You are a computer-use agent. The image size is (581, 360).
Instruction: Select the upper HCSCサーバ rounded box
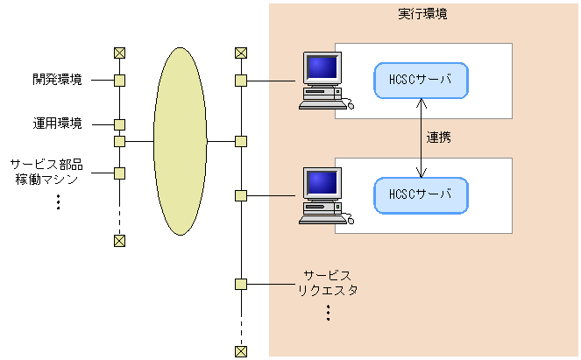421,80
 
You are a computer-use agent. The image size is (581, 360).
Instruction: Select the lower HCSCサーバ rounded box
421,194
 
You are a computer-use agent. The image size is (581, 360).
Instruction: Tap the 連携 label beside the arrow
439,138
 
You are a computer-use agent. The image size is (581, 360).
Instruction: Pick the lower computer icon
322,195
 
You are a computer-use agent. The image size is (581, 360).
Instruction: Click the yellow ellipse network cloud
180,140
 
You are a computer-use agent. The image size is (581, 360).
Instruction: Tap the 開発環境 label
58,81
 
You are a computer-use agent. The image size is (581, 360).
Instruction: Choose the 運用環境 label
58,124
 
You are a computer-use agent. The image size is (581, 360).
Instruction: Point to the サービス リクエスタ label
328,283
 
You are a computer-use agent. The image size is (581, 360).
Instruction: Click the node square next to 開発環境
120,81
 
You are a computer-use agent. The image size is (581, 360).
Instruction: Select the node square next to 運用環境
120,124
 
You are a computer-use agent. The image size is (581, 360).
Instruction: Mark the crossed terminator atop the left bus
120,53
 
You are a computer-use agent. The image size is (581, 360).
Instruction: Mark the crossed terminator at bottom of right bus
241,351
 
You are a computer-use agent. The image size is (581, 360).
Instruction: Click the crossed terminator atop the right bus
241,53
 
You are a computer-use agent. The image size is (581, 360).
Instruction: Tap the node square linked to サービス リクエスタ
241,284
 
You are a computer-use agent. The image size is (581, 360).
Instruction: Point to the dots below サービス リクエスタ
328,312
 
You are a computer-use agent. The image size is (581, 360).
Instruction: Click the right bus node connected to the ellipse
241,140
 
